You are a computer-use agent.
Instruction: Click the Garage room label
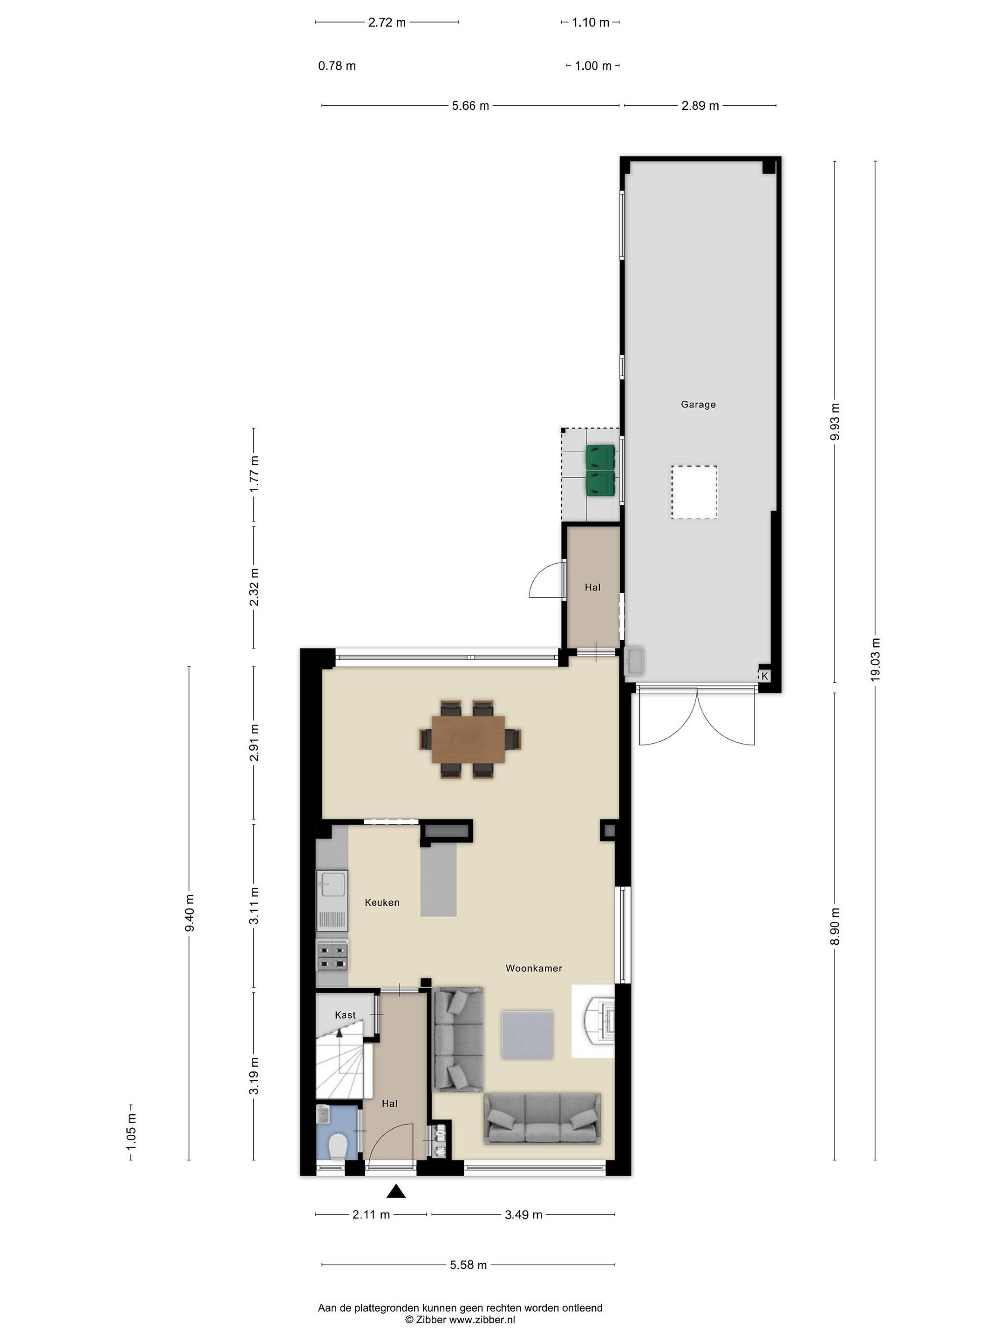(698, 404)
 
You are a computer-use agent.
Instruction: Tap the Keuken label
(382, 903)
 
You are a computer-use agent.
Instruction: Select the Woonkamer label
(534, 968)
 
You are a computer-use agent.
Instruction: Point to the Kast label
(345, 1015)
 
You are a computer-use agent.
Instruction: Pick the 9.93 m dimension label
(835, 422)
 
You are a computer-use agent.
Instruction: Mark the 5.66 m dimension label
(470, 106)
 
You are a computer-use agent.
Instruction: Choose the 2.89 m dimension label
(700, 106)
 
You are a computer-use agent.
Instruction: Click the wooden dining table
(468, 739)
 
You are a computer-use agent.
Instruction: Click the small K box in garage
(765, 675)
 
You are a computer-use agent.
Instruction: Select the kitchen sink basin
(332, 884)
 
